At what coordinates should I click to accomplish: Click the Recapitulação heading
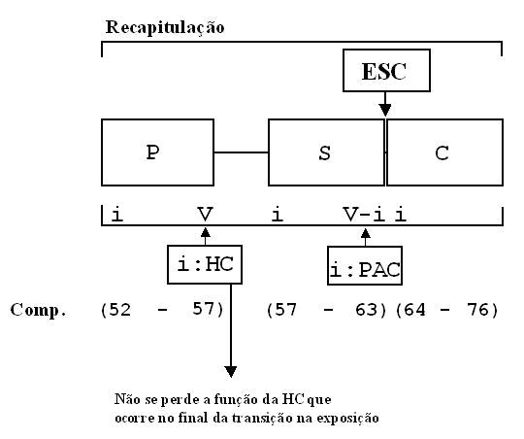(165, 27)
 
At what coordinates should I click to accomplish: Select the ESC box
(386, 70)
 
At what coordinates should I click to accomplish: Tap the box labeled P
(157, 152)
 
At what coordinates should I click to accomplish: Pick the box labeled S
(326, 152)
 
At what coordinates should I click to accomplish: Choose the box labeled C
(444, 152)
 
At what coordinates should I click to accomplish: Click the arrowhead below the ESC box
(385, 110)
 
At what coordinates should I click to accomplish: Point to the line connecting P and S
(241, 152)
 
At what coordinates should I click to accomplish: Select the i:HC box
(205, 264)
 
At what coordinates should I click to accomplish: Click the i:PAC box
(365, 266)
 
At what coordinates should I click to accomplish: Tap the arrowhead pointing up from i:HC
(205, 232)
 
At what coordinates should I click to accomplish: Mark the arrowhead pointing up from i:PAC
(365, 233)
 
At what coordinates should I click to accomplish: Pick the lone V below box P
(205, 214)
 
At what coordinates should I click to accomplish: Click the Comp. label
(38, 311)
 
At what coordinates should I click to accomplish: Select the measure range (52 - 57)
(162, 310)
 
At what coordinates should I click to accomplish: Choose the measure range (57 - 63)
(326, 310)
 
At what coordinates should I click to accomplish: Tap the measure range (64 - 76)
(446, 310)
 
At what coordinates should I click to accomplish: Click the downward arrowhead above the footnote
(231, 371)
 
